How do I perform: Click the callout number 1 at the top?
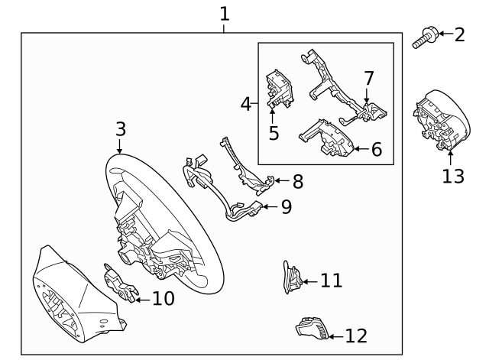pos(224,13)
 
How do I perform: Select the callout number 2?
pos(459,34)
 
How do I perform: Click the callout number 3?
pos(120,128)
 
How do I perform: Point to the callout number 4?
pos(246,103)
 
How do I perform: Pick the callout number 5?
pos(274,133)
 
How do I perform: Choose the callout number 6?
pos(376,149)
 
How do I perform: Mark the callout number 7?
pos(368,78)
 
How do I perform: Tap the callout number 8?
pos(297,181)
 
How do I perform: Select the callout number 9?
pos(286,207)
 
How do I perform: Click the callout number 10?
pos(164,298)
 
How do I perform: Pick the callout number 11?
pos(331,281)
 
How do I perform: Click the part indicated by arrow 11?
pos(290,277)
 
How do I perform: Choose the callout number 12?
pos(356,336)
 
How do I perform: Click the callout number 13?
pos(452,177)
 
